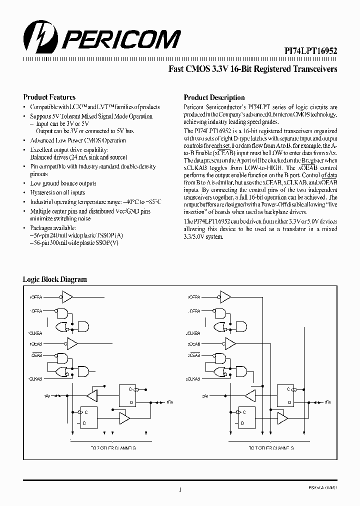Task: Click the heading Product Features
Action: pyautogui.click(x=49, y=97)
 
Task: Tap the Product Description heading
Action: pyautogui.click(x=214, y=98)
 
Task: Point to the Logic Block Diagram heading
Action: pyautogui.click(x=55, y=279)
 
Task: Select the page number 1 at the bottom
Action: pyautogui.click(x=180, y=490)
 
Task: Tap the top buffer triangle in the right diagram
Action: pyautogui.click(x=226, y=298)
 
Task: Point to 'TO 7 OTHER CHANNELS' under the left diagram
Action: pyautogui.click(x=110, y=448)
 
